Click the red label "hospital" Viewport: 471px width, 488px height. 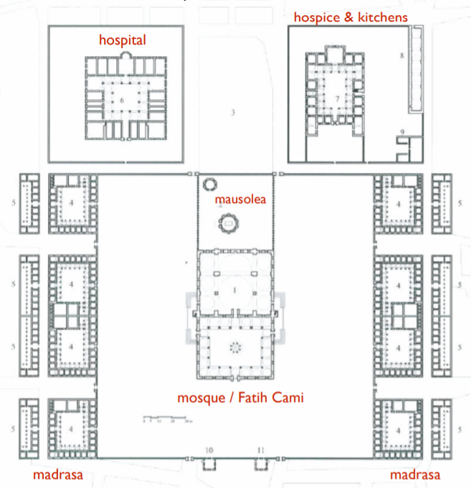pos(122,40)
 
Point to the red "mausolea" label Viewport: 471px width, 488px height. pos(239,200)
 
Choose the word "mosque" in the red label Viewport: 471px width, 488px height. pos(204,396)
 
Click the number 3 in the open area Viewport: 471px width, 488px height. pos(233,112)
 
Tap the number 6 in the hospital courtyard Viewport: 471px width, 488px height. pos(122,102)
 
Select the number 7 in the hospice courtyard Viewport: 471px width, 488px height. pos(336,98)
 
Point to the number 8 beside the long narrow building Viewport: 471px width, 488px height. pos(403,55)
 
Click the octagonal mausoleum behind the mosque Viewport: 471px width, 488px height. pos(228,225)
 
